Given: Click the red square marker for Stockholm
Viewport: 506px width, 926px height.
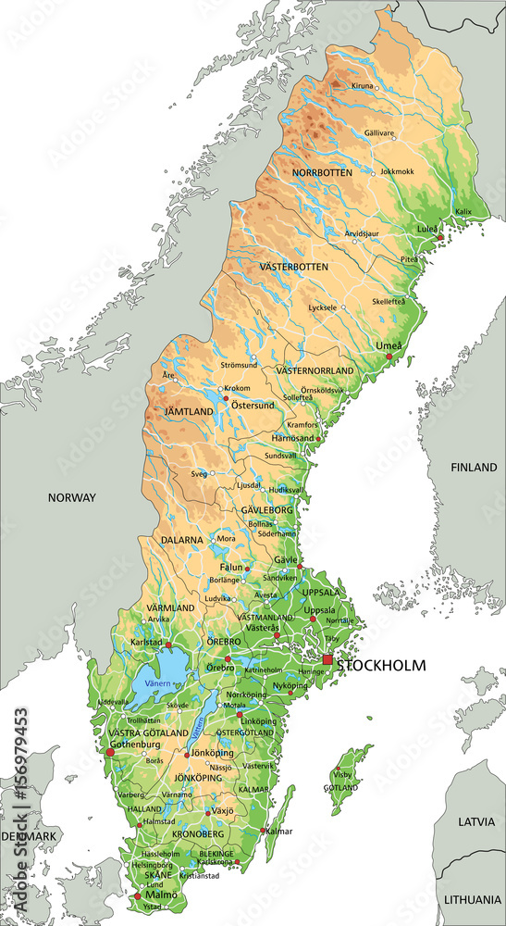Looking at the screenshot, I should (x=327, y=659).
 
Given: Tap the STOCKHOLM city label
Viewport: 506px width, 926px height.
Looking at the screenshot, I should (x=381, y=665).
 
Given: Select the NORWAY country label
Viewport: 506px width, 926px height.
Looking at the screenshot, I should (x=72, y=497).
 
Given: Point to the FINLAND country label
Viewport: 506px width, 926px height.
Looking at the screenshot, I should (x=474, y=468).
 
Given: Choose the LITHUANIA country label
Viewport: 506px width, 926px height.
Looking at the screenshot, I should (x=472, y=899).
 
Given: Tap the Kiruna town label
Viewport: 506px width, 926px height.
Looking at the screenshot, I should (x=362, y=86).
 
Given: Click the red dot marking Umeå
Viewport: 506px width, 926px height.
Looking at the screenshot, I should (x=389, y=356).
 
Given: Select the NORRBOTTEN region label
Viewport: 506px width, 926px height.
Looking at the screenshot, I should (x=323, y=173).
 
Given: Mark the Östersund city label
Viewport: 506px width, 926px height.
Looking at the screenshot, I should (x=253, y=406).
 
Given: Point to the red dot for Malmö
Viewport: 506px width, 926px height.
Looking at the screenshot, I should (x=138, y=895).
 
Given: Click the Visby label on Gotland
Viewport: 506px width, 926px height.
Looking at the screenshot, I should (x=342, y=773).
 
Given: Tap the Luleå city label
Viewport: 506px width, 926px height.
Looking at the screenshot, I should (x=426, y=228).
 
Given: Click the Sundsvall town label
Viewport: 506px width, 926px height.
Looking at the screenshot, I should (x=281, y=457).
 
